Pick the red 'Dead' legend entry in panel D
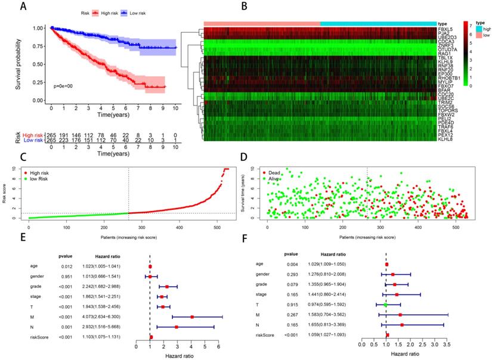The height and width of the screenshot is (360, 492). (x=271, y=172)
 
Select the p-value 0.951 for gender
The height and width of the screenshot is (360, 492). (x=66, y=277)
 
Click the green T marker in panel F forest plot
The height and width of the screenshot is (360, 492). (x=386, y=305)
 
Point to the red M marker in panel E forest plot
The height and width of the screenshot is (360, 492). (x=191, y=317)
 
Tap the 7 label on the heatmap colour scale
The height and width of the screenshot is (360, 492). (x=472, y=25)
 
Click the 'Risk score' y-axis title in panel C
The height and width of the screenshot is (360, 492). (x=6, y=194)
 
